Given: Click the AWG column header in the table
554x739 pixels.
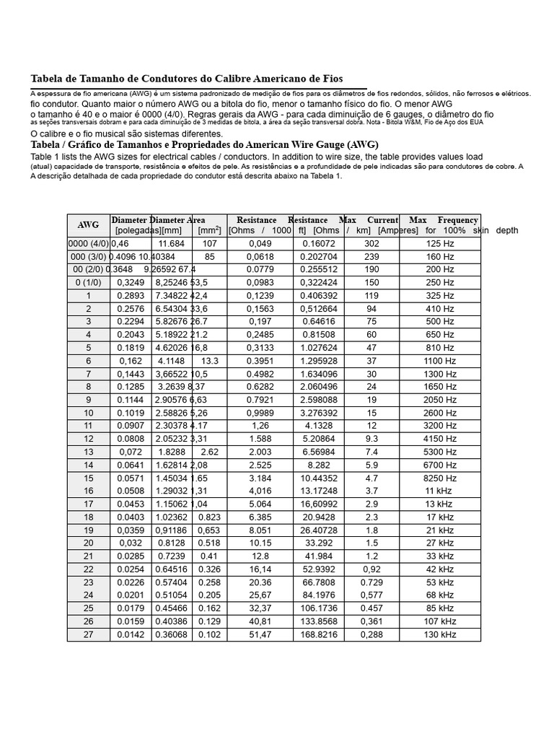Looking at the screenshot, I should point(88,225).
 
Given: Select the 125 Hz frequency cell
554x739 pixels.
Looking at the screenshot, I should point(439,244).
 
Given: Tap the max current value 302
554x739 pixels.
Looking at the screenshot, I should point(371,244).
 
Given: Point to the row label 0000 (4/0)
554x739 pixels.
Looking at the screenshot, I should point(89,244).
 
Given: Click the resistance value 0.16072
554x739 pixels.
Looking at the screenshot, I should point(318,244).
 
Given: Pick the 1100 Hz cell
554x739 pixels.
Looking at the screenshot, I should point(439,361).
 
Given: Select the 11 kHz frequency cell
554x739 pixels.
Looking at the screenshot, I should point(439,491).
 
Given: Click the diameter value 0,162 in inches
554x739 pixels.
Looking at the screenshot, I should point(131,361).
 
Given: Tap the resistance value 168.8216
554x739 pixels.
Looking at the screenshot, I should point(318,634).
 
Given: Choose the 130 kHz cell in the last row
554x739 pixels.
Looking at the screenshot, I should point(439,634).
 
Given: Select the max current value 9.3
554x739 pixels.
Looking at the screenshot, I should point(371,439).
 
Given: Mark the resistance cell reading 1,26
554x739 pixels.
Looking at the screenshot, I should point(260,426).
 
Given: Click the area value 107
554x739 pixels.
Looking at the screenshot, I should point(209,244).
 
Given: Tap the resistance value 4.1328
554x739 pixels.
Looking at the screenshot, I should point(318,426).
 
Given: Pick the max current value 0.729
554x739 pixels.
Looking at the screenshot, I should point(371,582).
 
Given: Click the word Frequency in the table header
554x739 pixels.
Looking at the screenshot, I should point(457,220).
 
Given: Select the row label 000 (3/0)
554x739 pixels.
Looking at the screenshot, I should point(88,257).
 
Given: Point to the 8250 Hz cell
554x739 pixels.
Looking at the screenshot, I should point(439,478).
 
